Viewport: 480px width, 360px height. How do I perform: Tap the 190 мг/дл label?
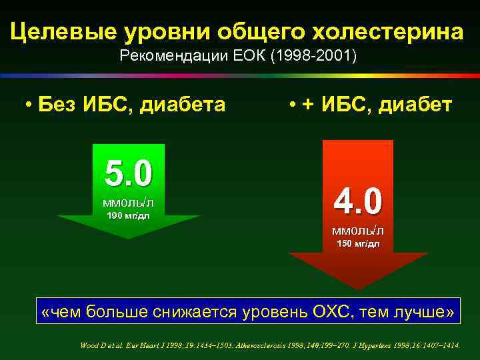coord(128,215)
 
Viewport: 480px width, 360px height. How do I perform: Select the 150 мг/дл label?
coord(358,244)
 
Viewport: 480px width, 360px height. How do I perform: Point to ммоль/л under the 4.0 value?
coord(358,231)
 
